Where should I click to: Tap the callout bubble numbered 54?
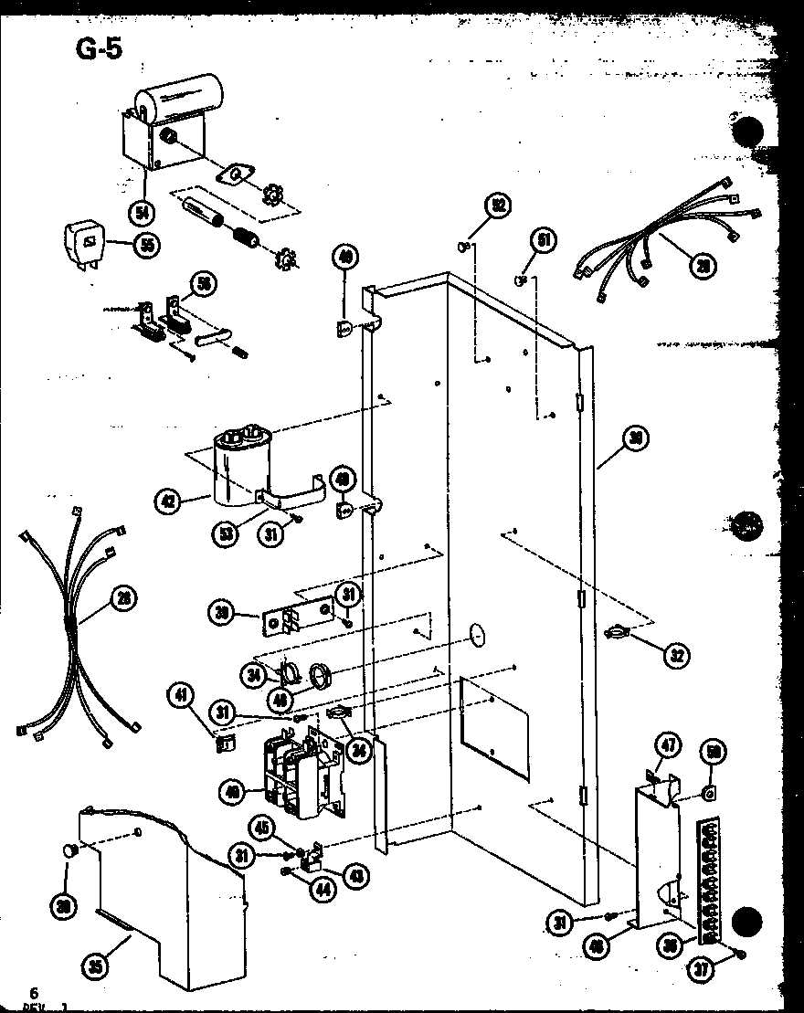tap(142, 212)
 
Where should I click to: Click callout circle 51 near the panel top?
tap(545, 240)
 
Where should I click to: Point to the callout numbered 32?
tap(677, 654)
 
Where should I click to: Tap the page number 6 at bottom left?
tap(34, 993)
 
